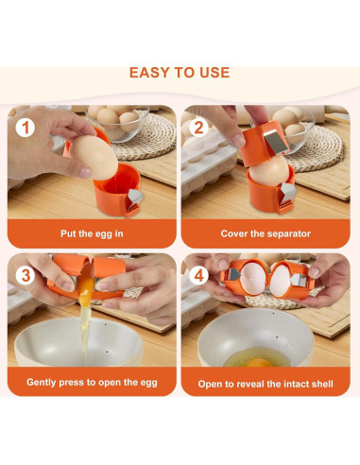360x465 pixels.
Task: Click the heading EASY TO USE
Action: (x=180, y=73)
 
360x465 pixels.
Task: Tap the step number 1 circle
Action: (x=26, y=128)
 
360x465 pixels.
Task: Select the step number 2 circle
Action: (x=198, y=128)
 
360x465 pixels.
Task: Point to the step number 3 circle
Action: (x=26, y=276)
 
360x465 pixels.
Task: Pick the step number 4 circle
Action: (x=198, y=276)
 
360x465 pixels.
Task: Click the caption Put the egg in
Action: (x=92, y=233)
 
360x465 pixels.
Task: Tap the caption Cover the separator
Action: (x=266, y=233)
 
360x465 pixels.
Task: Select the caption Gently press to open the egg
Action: (x=92, y=383)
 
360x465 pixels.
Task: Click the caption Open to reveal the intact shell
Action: (x=266, y=384)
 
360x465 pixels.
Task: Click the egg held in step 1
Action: (x=94, y=158)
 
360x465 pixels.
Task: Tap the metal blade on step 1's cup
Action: (x=135, y=198)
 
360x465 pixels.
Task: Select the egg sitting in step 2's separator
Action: (x=269, y=172)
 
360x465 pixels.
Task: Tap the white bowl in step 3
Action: (x=78, y=342)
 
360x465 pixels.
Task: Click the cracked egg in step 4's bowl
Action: (x=257, y=357)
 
